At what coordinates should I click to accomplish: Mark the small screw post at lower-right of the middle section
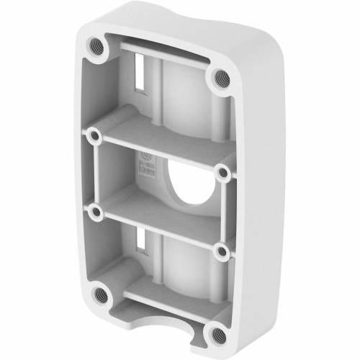tap(222, 251)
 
